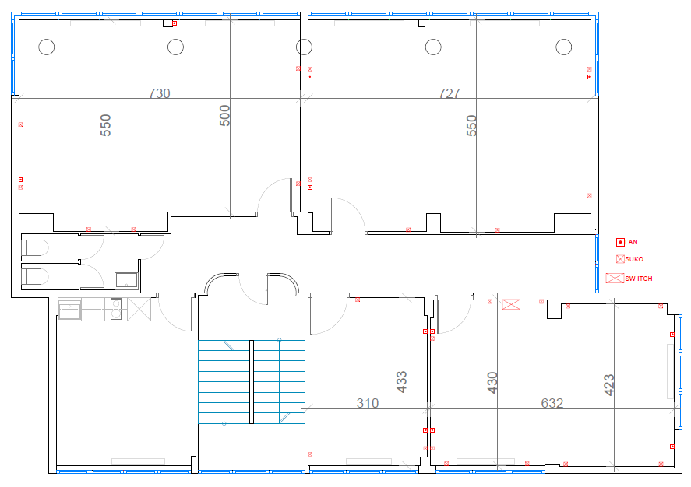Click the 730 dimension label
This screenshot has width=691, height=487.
pos(159,93)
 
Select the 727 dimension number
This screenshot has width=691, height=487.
pos(449,93)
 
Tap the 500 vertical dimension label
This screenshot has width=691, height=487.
pos(225,116)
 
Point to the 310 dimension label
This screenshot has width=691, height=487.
pos(368,403)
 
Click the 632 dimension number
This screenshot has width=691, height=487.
pos(552,403)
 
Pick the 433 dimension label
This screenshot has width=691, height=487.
pos(401,382)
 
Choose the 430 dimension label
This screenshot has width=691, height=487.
pos(492,382)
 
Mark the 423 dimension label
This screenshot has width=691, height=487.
pos(608,385)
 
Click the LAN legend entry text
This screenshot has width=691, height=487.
pos(632,242)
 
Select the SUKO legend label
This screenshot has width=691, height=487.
pos(634,259)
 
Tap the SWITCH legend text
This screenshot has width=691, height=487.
pos(639,279)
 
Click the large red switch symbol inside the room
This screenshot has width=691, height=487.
pos(511,304)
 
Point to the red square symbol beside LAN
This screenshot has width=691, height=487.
pos(620,242)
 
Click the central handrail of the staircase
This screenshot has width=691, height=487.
pos(252,382)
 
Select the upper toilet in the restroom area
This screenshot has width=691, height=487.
pos(35,247)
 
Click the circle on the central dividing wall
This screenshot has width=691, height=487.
pos(304,47)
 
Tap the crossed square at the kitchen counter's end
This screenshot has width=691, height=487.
pos(139,309)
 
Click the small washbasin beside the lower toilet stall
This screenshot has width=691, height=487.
pos(126,280)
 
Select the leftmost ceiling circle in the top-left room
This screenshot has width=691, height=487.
pos(47,47)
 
